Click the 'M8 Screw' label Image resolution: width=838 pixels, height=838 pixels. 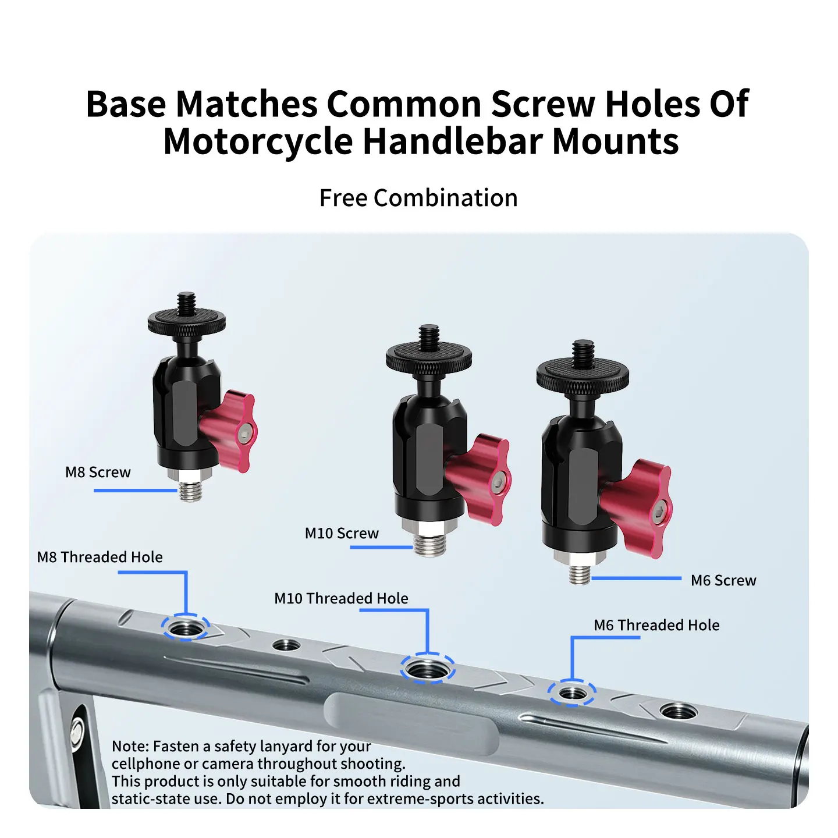click(x=98, y=473)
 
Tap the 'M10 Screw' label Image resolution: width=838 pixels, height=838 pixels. click(x=342, y=533)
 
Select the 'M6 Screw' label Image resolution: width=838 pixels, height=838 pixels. click(x=723, y=580)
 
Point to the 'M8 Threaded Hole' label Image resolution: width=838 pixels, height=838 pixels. click(x=100, y=557)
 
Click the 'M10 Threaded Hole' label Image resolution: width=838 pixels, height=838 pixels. click(x=341, y=598)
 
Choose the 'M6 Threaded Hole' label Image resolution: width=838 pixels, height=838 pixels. click(x=656, y=625)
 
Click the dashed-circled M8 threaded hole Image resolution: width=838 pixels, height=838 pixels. click(x=186, y=628)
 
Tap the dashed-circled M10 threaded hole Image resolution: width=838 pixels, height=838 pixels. click(x=428, y=669)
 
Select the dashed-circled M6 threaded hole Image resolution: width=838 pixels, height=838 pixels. click(x=571, y=693)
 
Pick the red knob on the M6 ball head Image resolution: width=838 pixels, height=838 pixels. click(x=639, y=509)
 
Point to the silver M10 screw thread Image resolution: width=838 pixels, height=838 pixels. click(x=429, y=544)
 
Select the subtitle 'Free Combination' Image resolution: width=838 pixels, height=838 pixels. click(x=418, y=198)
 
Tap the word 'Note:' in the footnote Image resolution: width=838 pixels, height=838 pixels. click(x=130, y=746)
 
